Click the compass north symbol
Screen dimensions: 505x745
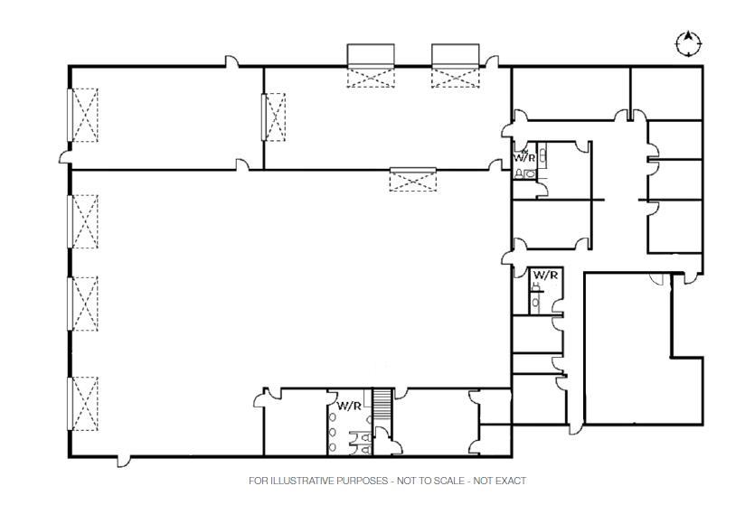[689, 42]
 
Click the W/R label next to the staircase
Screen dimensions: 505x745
[349, 406]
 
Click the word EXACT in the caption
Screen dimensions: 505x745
[510, 481]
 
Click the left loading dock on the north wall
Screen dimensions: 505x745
[372, 65]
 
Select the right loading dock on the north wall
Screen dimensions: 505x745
[455, 65]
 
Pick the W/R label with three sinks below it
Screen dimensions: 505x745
[349, 406]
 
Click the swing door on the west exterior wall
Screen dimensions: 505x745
[65, 159]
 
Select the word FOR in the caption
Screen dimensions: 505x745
[258, 481]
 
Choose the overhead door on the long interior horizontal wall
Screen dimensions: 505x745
[412, 178]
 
